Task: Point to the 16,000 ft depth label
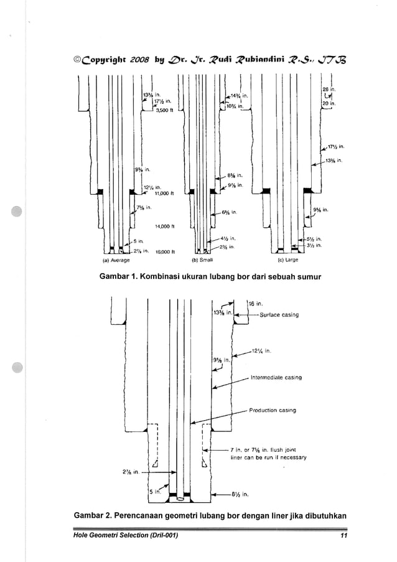(165, 252)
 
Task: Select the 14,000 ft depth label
(165, 226)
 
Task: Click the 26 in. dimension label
(328, 90)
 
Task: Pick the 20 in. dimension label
(329, 104)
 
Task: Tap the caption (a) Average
(115, 260)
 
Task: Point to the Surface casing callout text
(279, 315)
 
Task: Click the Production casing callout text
(273, 410)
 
